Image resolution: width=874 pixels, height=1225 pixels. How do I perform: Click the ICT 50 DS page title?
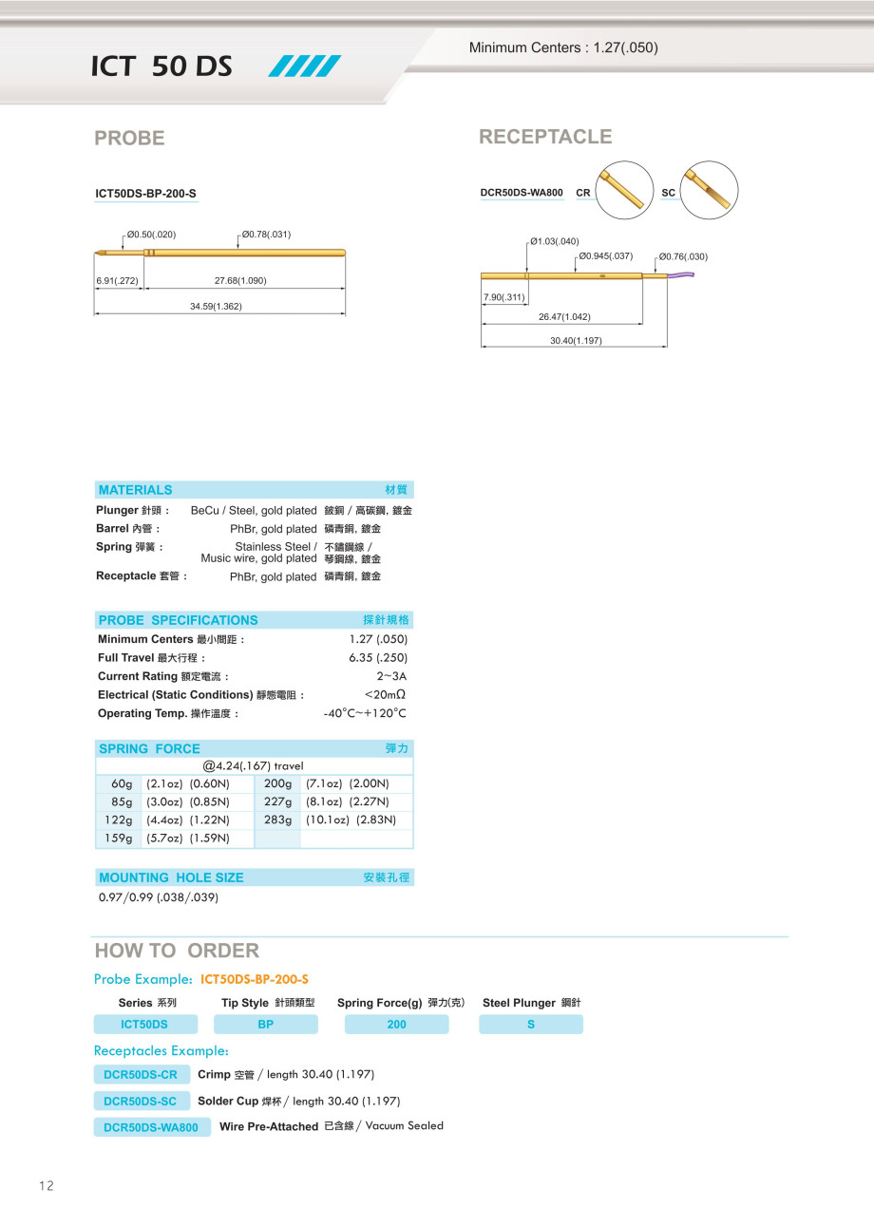tap(161, 66)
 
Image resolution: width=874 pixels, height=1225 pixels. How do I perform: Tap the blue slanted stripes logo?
tap(305, 66)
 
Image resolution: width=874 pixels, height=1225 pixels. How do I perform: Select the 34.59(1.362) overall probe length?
tap(216, 307)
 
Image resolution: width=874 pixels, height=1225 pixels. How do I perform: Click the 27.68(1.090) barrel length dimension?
tap(240, 281)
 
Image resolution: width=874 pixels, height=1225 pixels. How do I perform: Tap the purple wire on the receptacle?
tap(681, 276)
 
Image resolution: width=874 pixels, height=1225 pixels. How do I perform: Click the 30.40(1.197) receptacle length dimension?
tap(576, 341)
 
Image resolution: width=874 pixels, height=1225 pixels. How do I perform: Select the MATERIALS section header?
tap(136, 490)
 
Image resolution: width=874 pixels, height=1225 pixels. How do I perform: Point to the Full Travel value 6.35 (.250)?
tap(378, 658)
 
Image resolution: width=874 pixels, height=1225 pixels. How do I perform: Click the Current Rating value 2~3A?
tap(391, 676)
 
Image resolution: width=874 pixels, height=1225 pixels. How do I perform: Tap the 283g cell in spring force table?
tap(278, 820)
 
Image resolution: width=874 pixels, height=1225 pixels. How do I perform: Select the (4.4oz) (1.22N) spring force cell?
tap(188, 820)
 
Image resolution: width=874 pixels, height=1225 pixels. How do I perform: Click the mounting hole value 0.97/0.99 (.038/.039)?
tap(159, 897)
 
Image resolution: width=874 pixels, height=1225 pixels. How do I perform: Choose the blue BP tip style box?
tap(266, 1025)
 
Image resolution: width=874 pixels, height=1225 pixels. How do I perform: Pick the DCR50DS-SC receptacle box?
tap(140, 1102)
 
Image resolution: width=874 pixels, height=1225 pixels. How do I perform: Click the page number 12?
tap(47, 1185)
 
